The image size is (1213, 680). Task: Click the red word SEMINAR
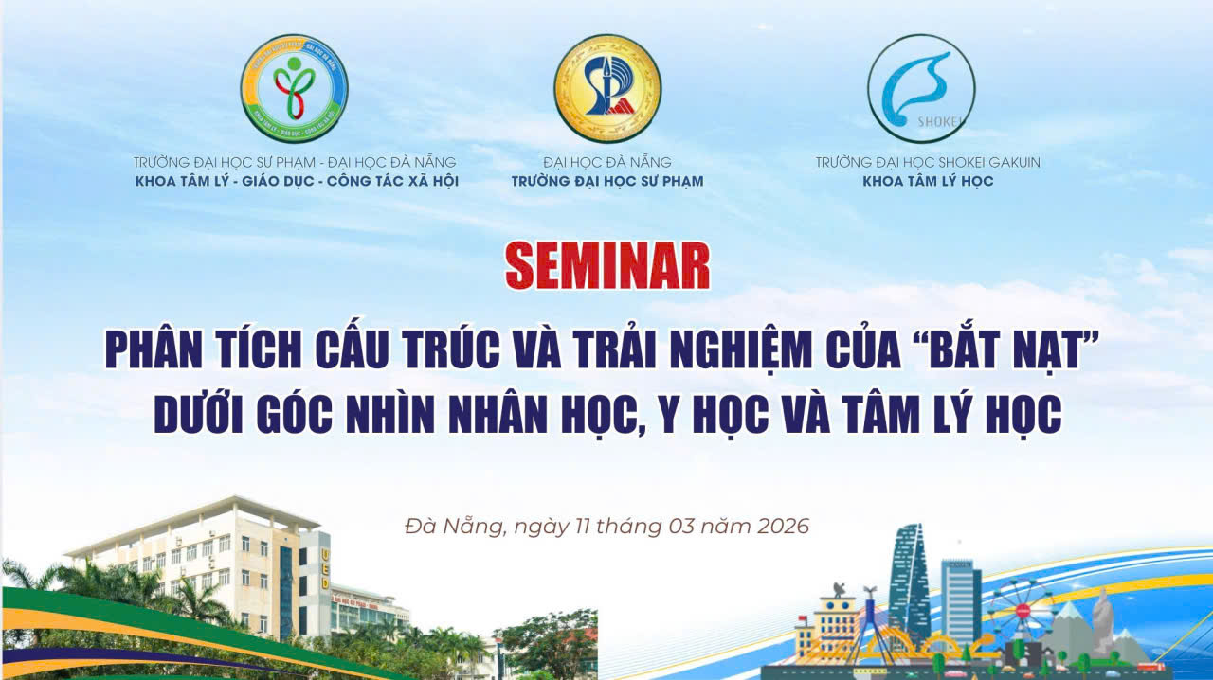(x=607, y=267)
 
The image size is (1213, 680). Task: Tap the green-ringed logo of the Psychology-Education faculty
(x=294, y=88)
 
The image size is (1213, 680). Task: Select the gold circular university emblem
(x=607, y=88)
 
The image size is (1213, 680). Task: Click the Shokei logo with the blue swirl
(x=920, y=88)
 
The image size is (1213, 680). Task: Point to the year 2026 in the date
(x=783, y=526)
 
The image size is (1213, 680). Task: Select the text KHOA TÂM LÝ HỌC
(x=928, y=181)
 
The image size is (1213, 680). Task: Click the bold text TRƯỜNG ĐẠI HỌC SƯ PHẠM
(x=607, y=181)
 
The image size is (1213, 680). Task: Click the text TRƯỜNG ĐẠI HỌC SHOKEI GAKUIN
(x=928, y=162)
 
